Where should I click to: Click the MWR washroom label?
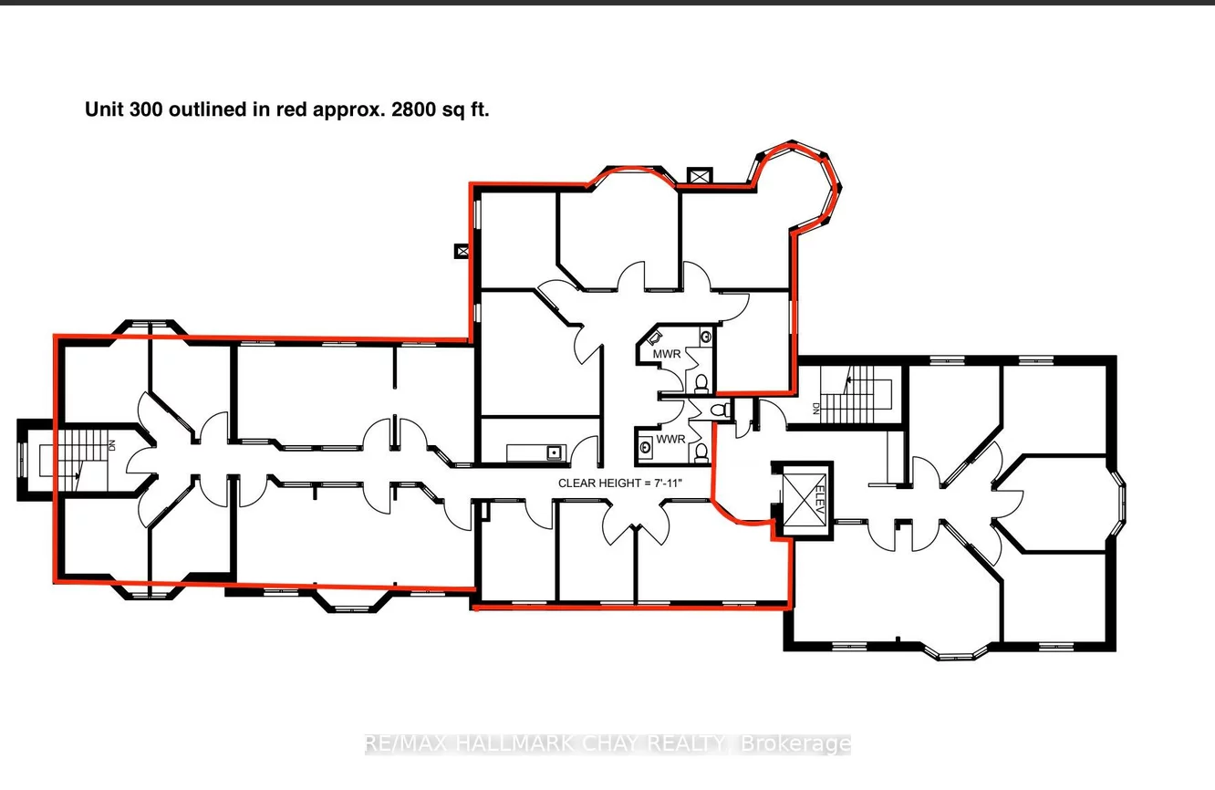pyautogui.click(x=667, y=354)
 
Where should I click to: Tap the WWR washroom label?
pyautogui.click(x=670, y=439)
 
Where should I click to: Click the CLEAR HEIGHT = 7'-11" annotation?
pyautogui.click(x=620, y=483)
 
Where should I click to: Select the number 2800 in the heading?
pyautogui.click(x=413, y=109)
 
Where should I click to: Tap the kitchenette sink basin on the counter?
pyautogui.click(x=554, y=452)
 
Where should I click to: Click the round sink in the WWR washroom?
pyautogui.click(x=645, y=447)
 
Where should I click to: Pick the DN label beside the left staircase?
pyautogui.click(x=111, y=445)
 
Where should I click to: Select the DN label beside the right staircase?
pyautogui.click(x=815, y=409)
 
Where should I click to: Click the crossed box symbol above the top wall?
pyautogui.click(x=700, y=176)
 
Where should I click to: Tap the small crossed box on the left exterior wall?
pyautogui.click(x=462, y=251)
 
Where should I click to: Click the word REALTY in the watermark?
pyautogui.click(x=687, y=743)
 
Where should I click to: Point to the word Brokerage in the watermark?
pyautogui.click(x=795, y=743)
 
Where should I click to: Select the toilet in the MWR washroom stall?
pyautogui.click(x=701, y=383)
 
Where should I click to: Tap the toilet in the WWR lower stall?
pyautogui.click(x=701, y=453)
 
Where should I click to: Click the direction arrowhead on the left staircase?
pyautogui.click(x=78, y=475)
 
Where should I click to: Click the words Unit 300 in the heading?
pyautogui.click(x=124, y=109)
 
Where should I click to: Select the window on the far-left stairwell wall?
pyautogui.click(x=23, y=459)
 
